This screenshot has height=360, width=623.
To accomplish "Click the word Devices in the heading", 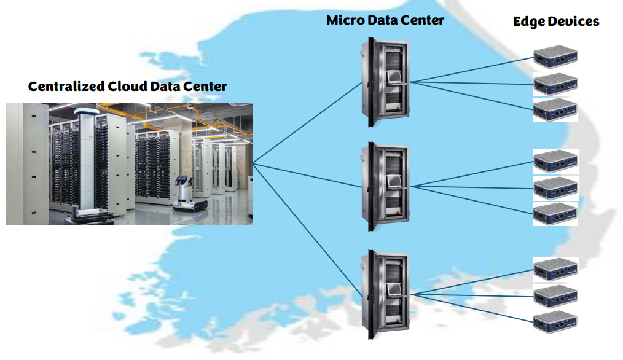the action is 574,22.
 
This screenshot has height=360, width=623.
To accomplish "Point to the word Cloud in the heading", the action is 130,87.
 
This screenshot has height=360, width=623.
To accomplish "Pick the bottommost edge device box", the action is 555,322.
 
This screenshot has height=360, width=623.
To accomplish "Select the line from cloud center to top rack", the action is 307,123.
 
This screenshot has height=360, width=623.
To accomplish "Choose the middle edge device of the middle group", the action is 555,188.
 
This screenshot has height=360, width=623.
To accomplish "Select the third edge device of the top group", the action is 555,110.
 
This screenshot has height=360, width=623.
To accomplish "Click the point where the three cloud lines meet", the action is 253,164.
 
